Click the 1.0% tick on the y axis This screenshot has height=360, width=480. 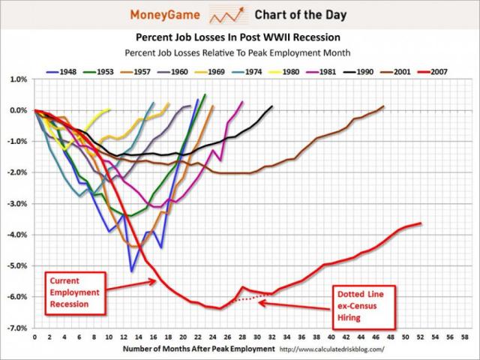pyautogui.click(x=19, y=79)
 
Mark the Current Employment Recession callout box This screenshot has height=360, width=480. pyautogui.click(x=74, y=291)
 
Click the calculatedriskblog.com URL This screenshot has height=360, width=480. pyautogui.click(x=331, y=349)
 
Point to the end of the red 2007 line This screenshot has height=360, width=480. pyautogui.click(x=421, y=223)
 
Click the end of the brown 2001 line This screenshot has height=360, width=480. pyautogui.click(x=383, y=106)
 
